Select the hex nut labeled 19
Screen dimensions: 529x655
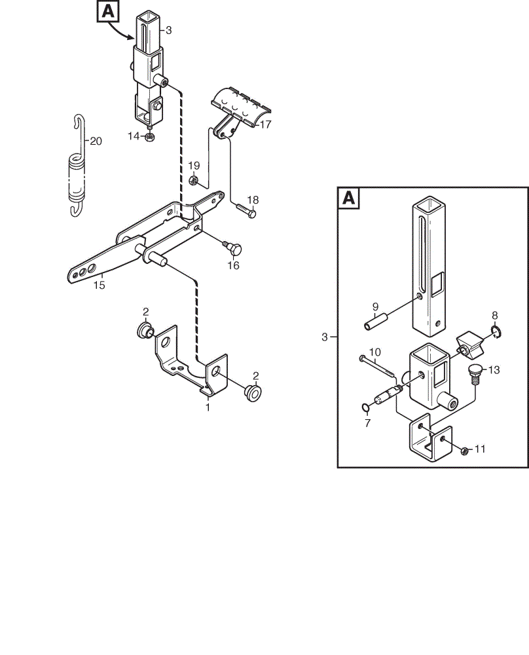193,181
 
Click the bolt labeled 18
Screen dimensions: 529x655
246,210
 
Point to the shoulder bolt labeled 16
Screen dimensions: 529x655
233,248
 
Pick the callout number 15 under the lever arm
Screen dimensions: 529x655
99,286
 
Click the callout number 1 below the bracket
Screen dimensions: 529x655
208,407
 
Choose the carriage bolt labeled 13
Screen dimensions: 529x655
474,374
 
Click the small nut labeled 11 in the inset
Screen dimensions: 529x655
464,451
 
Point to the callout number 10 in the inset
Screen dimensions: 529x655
375,353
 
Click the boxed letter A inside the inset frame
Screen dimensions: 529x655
349,198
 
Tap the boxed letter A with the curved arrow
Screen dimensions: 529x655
108,11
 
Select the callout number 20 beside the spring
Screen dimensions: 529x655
96,141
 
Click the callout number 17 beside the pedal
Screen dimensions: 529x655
266,124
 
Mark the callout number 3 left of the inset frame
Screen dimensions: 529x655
325,337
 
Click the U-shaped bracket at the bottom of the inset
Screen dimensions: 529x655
430,439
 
